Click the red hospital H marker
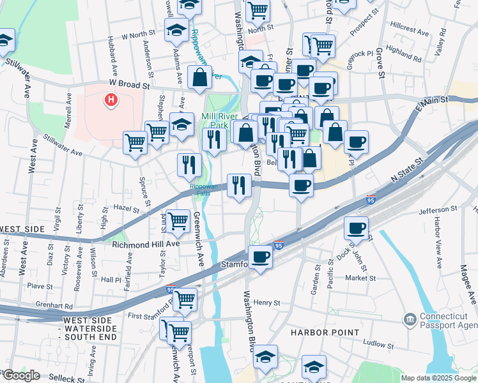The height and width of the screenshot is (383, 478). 111,100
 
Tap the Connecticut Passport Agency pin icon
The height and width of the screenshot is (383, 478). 410,318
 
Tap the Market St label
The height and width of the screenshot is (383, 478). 360,278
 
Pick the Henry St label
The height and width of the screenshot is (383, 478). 267,302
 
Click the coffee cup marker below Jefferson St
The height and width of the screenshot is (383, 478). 357,228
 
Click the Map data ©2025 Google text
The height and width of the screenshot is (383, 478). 438,378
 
